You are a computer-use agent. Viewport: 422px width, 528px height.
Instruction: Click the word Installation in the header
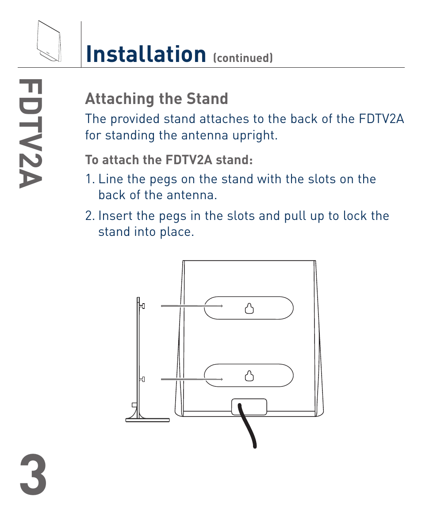point(146,54)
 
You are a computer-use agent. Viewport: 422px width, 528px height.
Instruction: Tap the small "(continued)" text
point(243,58)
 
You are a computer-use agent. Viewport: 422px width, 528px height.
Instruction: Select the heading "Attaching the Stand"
point(157,99)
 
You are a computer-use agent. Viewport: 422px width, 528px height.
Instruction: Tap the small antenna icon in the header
point(49,41)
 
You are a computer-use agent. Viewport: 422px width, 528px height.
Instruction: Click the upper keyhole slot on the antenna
point(249,308)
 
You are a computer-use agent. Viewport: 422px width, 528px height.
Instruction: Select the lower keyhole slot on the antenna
point(249,376)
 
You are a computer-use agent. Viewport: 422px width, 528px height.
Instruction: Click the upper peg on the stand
point(142,306)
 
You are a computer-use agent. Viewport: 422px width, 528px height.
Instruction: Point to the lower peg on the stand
point(142,379)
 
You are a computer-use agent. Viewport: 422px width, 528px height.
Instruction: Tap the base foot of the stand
point(147,419)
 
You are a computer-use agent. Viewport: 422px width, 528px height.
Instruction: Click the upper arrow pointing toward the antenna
point(191,306)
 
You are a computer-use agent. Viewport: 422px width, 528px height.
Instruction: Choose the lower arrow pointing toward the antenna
point(191,379)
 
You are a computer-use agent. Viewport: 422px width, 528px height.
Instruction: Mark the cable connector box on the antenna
point(249,406)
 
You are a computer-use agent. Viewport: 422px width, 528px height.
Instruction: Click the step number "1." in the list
point(90,179)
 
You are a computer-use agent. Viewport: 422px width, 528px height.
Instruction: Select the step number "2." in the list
point(90,216)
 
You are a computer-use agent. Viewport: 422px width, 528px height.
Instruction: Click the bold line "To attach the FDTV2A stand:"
point(169,160)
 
